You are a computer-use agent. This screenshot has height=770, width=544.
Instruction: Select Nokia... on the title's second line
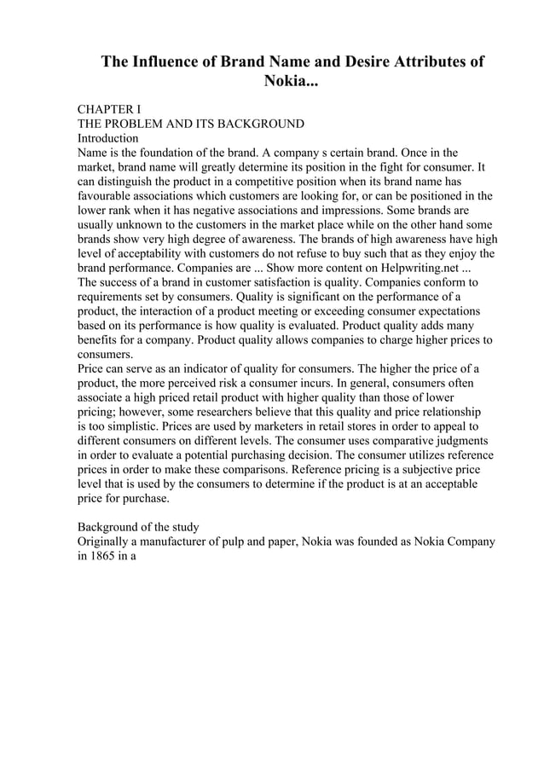[x=293, y=84]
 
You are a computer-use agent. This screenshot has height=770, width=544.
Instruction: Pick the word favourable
[x=110, y=196]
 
